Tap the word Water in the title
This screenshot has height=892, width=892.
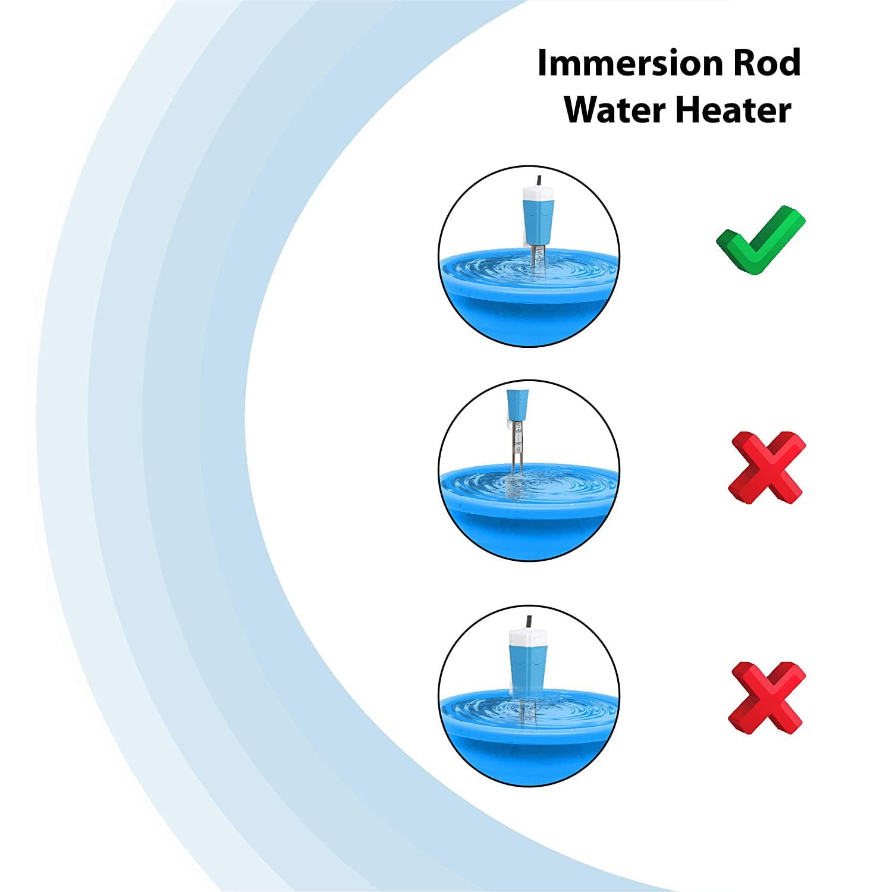point(615,110)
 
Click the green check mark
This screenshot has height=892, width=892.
point(760,241)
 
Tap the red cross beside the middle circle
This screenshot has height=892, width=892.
point(767,467)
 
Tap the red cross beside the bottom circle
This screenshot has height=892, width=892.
point(767,697)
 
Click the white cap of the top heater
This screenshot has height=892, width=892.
point(538,194)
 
